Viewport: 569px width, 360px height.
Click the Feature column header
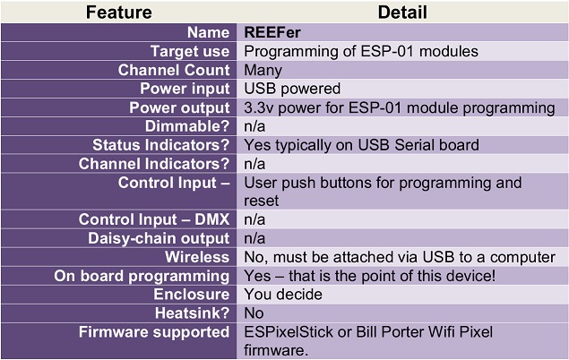coord(118,13)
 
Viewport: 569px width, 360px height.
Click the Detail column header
coord(402,13)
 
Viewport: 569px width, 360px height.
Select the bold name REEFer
coord(272,32)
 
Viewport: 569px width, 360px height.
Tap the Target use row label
coord(190,51)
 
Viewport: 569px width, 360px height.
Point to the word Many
coord(263,70)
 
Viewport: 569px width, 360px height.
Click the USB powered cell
coord(292,89)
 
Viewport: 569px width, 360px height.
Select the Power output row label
coord(179,107)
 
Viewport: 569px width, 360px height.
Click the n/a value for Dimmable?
coord(254,126)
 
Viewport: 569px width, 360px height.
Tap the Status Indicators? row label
coord(160,145)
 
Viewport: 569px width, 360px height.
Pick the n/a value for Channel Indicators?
coord(254,164)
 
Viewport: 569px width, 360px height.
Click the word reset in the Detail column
coord(261,201)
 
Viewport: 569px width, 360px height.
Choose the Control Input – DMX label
coord(154,219)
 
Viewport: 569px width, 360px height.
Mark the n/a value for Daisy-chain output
coord(254,238)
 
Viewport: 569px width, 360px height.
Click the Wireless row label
coord(197,257)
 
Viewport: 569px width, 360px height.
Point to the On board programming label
coord(142,276)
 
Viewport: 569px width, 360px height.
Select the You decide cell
coord(283,295)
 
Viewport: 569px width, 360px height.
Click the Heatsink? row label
coord(192,313)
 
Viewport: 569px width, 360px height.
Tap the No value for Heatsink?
coord(254,313)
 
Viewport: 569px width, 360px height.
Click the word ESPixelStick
coord(289,332)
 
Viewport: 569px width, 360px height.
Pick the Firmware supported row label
coord(154,332)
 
